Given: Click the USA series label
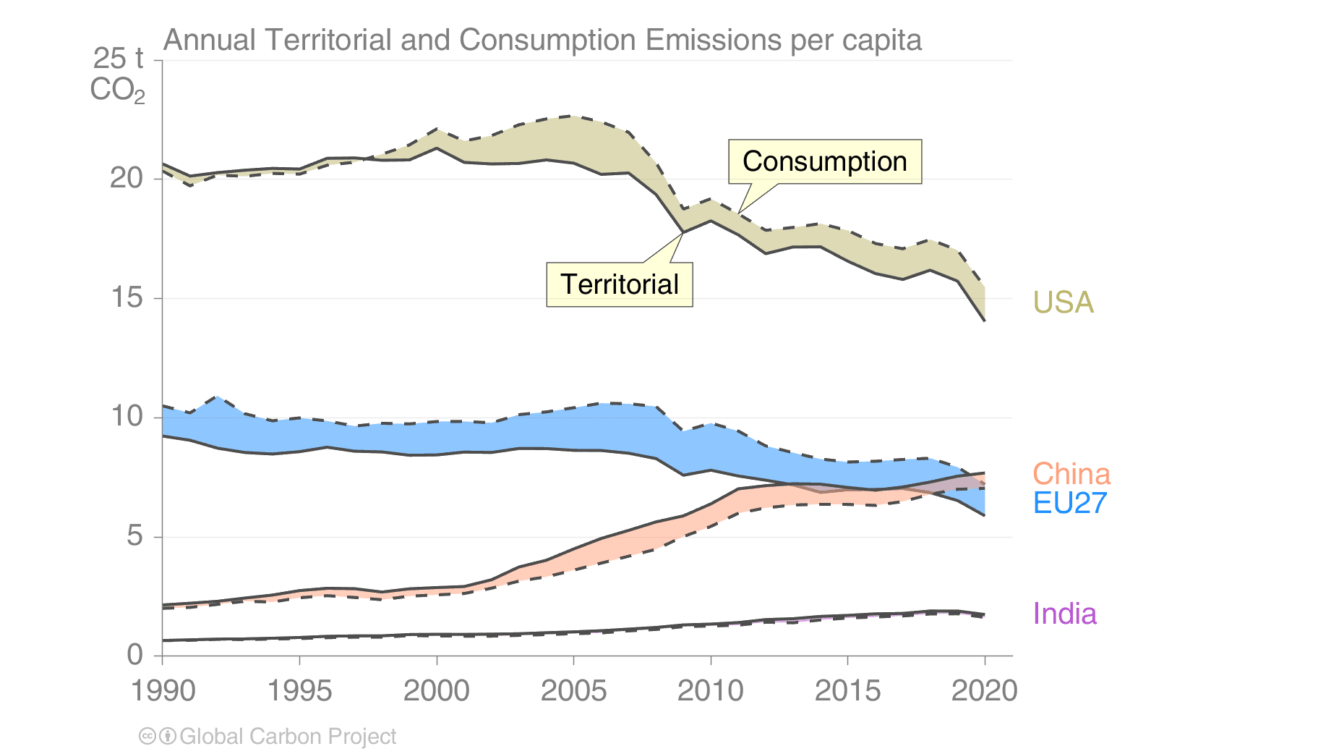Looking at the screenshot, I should click(x=1063, y=302).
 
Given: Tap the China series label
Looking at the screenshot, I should click(x=1071, y=474).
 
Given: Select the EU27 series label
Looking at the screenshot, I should click(x=1069, y=503).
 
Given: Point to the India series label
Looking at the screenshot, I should click(x=1064, y=614).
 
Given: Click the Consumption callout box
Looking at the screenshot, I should click(x=824, y=161).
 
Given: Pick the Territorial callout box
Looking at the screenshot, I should click(x=619, y=284).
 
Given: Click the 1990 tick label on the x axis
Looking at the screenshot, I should click(x=163, y=690).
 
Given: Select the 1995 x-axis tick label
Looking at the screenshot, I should click(x=299, y=690).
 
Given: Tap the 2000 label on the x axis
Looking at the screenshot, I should click(x=436, y=690).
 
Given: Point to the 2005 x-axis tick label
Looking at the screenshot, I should click(x=573, y=690).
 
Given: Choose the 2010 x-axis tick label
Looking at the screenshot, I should click(x=710, y=690).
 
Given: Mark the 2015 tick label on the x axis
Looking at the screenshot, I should click(x=847, y=690).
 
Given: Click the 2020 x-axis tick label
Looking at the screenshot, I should click(x=984, y=690).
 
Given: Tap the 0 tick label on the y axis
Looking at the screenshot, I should click(x=135, y=655).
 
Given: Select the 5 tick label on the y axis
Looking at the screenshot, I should click(x=135, y=536).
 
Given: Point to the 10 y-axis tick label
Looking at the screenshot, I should click(x=127, y=417).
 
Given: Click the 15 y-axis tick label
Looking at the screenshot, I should click(x=127, y=297).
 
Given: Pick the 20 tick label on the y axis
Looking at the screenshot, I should click(x=127, y=178).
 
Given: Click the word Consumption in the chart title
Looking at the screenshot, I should click(x=548, y=41).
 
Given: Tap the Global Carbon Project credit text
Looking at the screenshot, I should click(x=287, y=737).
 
